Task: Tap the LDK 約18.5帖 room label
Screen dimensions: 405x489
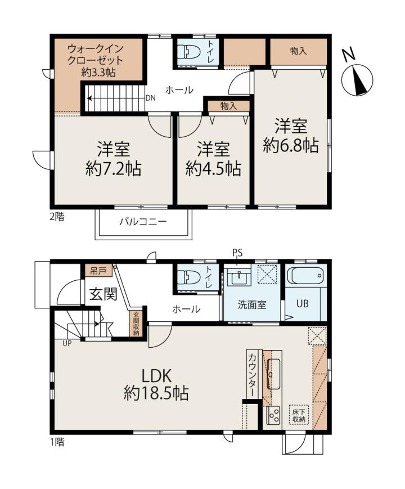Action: [x=156, y=384]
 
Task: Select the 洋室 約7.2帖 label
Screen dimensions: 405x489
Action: [x=113, y=159]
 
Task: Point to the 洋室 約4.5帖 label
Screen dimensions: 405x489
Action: [x=213, y=159]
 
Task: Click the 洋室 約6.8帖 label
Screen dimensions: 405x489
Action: [x=291, y=136]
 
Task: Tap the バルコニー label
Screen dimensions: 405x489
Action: [x=143, y=222]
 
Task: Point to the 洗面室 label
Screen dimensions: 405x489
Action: [x=252, y=304]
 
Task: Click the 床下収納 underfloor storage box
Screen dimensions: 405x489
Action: [x=299, y=415]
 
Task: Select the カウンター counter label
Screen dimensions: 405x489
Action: [x=252, y=375]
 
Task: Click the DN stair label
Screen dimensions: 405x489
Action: [x=150, y=98]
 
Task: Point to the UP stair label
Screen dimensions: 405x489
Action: [x=67, y=343]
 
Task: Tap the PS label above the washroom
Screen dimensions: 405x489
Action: [x=237, y=253]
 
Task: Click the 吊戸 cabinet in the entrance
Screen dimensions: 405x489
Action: [x=98, y=271]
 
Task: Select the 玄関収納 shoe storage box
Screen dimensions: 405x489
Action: [x=136, y=324]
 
